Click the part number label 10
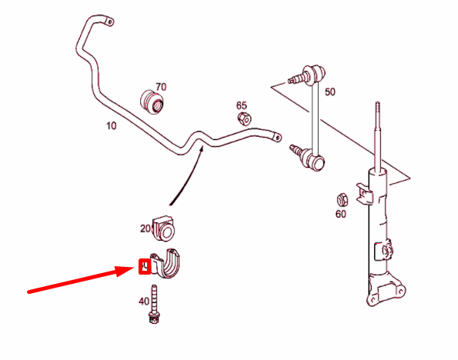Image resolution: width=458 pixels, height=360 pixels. (x=112, y=125)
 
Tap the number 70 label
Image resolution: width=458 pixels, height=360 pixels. (x=161, y=86)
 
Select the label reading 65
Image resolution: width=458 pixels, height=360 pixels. (x=242, y=105)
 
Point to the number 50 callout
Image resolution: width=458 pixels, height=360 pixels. (x=330, y=92)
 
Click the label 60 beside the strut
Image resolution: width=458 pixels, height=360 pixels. (x=341, y=215)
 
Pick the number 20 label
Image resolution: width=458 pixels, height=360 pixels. (x=145, y=228)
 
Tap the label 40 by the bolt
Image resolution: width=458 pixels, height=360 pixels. (x=144, y=302)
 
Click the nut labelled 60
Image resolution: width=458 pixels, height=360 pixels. (x=343, y=198)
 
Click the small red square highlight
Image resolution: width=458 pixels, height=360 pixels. (x=143, y=267)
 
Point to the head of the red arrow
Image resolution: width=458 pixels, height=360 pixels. (x=132, y=268)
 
